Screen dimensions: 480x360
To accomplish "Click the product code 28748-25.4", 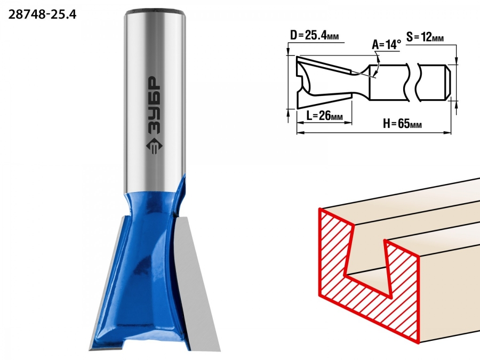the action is [x=42, y=14].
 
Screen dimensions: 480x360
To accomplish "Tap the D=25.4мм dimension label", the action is [x=314, y=36].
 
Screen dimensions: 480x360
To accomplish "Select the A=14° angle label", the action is [x=386, y=45].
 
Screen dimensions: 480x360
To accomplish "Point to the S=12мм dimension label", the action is [x=425, y=37].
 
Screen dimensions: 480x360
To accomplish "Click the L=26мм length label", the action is [x=324, y=116].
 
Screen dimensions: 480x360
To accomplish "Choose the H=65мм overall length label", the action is [x=402, y=124].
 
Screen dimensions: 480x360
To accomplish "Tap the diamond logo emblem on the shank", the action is [x=154, y=146].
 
